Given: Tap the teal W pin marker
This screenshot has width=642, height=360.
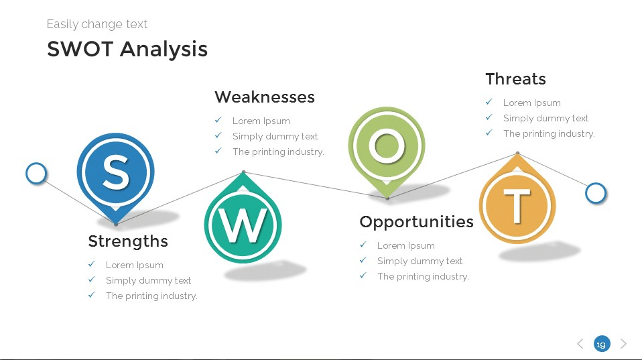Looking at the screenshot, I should (243, 225).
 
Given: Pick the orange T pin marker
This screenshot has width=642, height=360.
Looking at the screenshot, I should (517, 204).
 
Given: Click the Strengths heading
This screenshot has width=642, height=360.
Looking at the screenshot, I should (128, 241).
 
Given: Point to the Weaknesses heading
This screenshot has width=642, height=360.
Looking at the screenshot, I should (265, 97).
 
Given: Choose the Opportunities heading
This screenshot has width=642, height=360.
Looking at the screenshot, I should (416, 221).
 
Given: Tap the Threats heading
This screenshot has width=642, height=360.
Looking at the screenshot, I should (515, 79).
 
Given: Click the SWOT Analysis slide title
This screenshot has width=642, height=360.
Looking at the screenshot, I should (127, 49).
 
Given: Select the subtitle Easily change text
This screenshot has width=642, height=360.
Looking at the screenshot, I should (97, 24).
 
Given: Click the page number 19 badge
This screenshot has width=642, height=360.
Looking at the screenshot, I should (602, 344).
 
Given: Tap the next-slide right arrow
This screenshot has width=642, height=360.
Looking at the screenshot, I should (624, 344).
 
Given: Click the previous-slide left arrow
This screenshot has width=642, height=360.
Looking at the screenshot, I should (580, 344).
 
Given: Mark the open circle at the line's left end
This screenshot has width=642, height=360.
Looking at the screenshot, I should (36, 174).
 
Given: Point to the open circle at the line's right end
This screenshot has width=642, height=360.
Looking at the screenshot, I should (595, 193).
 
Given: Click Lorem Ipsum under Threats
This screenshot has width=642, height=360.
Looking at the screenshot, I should (531, 103).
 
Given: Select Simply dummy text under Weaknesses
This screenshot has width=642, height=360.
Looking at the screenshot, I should (275, 136).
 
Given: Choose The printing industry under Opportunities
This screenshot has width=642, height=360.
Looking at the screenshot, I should (423, 276).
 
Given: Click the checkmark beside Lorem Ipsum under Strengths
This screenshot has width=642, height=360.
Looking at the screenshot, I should (92, 264).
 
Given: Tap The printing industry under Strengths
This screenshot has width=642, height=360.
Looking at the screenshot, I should (151, 296).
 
